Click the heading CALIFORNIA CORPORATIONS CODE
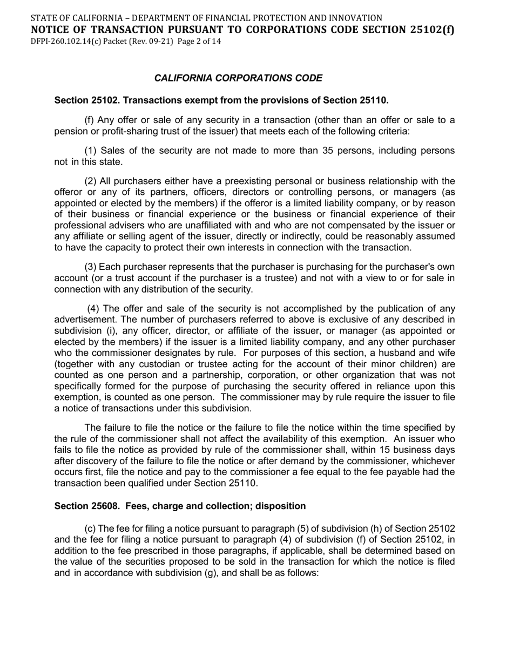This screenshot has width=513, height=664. (x=238, y=78)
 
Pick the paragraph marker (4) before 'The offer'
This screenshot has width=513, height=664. (x=93, y=309)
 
